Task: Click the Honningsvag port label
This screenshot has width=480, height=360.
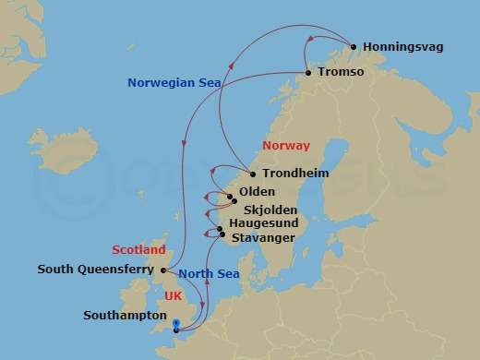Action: click(404, 45)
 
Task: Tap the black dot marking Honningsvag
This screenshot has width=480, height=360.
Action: click(353, 46)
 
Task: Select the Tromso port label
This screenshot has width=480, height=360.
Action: click(341, 72)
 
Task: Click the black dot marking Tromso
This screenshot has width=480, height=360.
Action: click(307, 73)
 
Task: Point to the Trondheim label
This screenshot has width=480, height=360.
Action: click(295, 173)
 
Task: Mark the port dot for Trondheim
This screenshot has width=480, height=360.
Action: click(254, 174)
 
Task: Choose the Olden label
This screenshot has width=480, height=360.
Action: click(255, 192)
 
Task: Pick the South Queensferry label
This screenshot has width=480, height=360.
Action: click(96, 270)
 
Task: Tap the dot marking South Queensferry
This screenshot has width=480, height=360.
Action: click(162, 270)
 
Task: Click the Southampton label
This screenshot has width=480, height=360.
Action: click(119, 315)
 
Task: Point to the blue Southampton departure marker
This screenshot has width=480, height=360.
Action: click(175, 326)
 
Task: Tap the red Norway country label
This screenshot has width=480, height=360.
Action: click(286, 146)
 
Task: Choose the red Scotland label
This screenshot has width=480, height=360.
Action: click(138, 249)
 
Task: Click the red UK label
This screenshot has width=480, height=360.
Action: click(173, 296)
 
